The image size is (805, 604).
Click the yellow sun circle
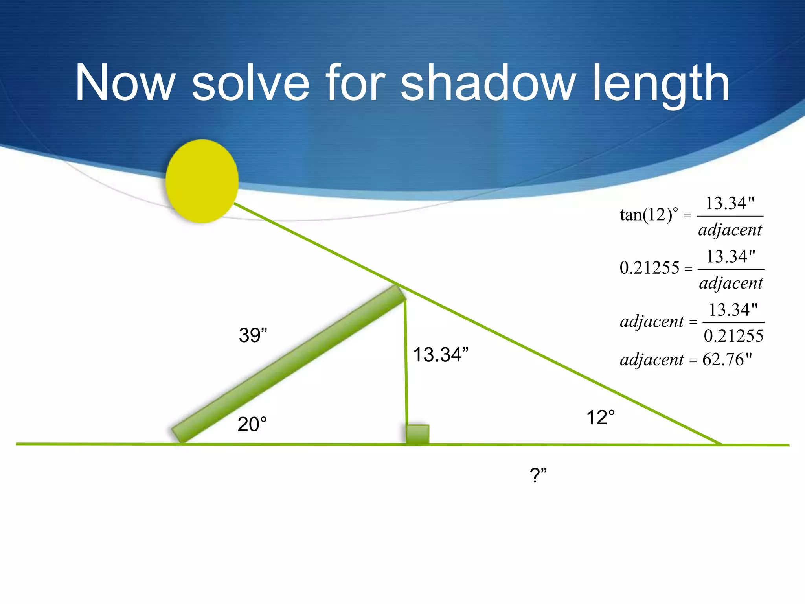pyautogui.click(x=202, y=181)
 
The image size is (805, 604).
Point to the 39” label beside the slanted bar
pyautogui.click(x=253, y=335)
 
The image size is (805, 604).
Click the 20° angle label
pyautogui.click(x=252, y=425)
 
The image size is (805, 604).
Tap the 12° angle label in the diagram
pyautogui.click(x=600, y=418)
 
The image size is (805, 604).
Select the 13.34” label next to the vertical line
pyautogui.click(x=441, y=355)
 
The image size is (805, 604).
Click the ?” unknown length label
pyautogui.click(x=538, y=475)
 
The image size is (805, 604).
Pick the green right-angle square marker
pyautogui.click(x=417, y=435)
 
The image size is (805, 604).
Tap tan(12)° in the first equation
pyautogui.click(x=649, y=215)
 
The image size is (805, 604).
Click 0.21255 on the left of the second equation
pyautogui.click(x=649, y=268)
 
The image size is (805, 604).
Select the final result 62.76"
pyautogui.click(x=727, y=359)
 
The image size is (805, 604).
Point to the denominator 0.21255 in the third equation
pyautogui.click(x=733, y=336)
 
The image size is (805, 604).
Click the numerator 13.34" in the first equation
pyautogui.click(x=730, y=203)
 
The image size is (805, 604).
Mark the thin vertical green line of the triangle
pyautogui.click(x=406, y=362)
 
